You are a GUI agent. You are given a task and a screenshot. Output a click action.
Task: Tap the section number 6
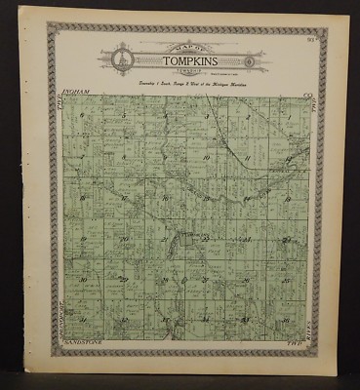coord(84,115)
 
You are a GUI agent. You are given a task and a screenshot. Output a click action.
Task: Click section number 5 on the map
coord(124,115)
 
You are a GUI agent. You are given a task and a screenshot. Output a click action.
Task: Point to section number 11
coord(247,156)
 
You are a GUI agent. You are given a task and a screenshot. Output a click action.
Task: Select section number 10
coord(206,156)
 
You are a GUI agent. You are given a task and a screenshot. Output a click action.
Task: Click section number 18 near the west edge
coord(83,197)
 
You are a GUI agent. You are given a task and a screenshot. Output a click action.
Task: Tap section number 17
coord(124,197)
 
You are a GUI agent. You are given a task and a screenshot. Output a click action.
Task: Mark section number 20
coord(124,238)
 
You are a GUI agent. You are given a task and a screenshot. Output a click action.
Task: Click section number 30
coord(83,279)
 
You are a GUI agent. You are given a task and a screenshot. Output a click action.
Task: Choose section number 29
coord(124,279)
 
